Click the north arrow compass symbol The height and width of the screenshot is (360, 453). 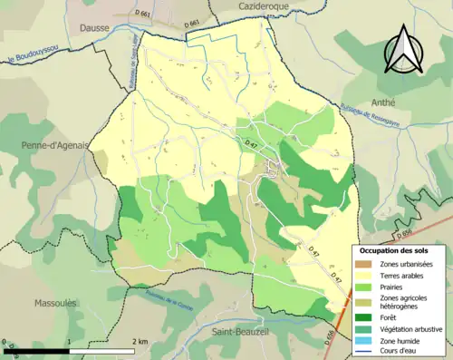point(400,48)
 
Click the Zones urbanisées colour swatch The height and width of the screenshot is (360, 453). point(367,263)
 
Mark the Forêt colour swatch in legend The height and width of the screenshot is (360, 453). point(367,316)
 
